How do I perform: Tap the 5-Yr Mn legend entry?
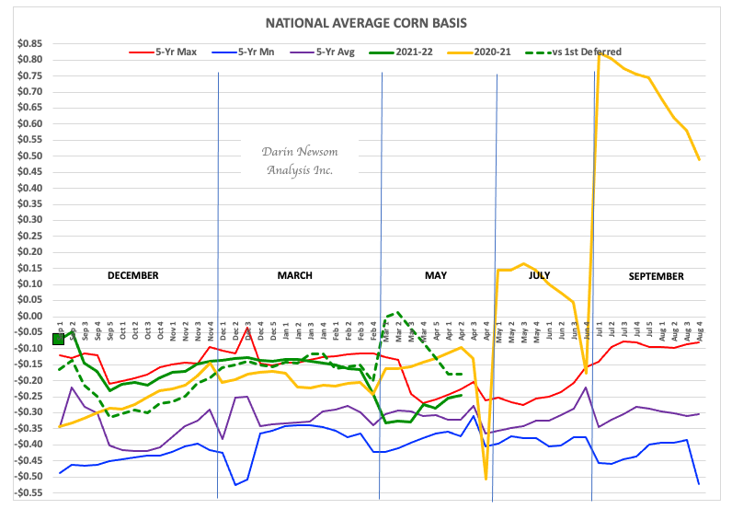point(260,53)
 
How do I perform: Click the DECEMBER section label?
point(133,275)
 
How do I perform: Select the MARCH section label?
point(294,275)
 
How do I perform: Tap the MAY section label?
point(435,275)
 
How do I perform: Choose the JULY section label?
point(542,275)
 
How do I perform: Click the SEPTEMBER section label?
point(657,276)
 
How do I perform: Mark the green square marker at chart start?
point(58,339)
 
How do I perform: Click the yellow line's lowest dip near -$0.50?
point(486,478)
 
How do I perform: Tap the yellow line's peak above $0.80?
point(600,53)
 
